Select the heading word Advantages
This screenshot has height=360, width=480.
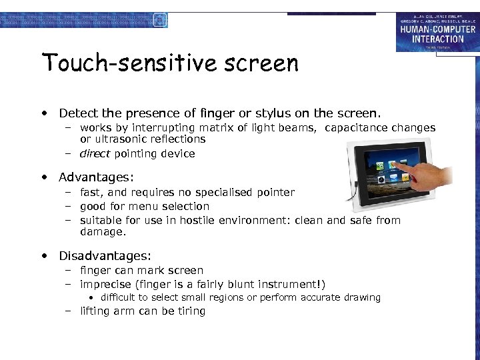95,177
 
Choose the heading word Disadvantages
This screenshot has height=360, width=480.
105,256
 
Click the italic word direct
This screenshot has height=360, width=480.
95,154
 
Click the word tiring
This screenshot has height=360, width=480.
189,311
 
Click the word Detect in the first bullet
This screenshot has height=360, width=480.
77,113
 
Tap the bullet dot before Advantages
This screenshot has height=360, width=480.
43,177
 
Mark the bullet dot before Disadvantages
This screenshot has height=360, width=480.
43,256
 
